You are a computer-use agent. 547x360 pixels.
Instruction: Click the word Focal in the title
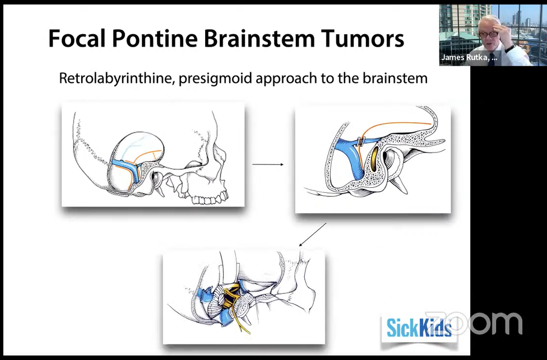pyautogui.click(x=76, y=38)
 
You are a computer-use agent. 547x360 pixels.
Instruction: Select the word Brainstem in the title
pyautogui.click(x=259, y=38)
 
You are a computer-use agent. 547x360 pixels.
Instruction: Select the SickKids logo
pyautogui.click(x=418, y=328)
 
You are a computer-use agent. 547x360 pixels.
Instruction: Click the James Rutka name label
pyautogui.click(x=469, y=57)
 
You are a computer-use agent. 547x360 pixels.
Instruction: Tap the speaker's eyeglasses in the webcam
pyautogui.click(x=489, y=34)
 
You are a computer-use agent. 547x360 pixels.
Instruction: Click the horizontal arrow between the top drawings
pyautogui.click(x=268, y=164)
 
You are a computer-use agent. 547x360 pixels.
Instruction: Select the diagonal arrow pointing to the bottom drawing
pyautogui.click(x=313, y=234)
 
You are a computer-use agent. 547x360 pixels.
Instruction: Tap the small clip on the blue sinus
pyautogui.click(x=361, y=141)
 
